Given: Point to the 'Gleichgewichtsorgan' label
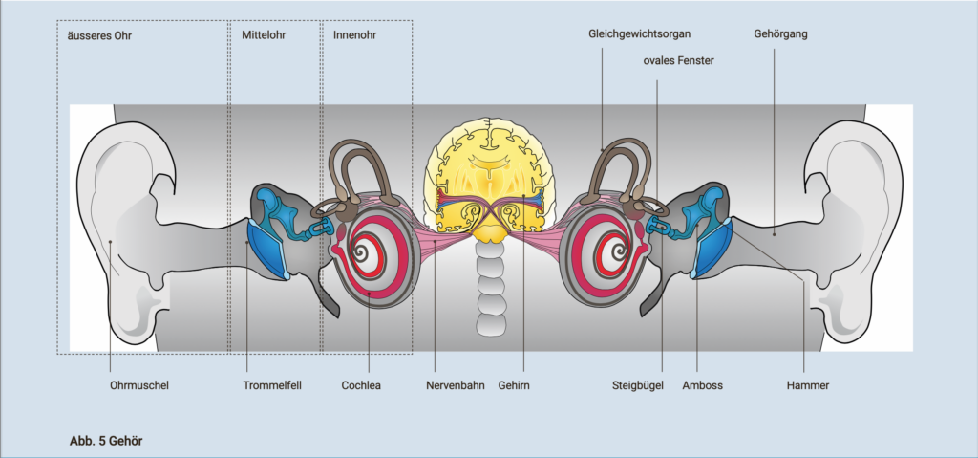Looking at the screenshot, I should coord(639,34).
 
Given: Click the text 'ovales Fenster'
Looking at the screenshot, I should coord(678,61).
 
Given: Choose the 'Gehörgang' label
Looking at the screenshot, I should coord(779,34).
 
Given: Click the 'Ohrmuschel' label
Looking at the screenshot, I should coord(138,386).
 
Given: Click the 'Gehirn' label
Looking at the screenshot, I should coord(513,386).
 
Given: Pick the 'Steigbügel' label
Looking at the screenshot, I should coord(637,386).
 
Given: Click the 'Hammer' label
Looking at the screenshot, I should coord(809,386).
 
